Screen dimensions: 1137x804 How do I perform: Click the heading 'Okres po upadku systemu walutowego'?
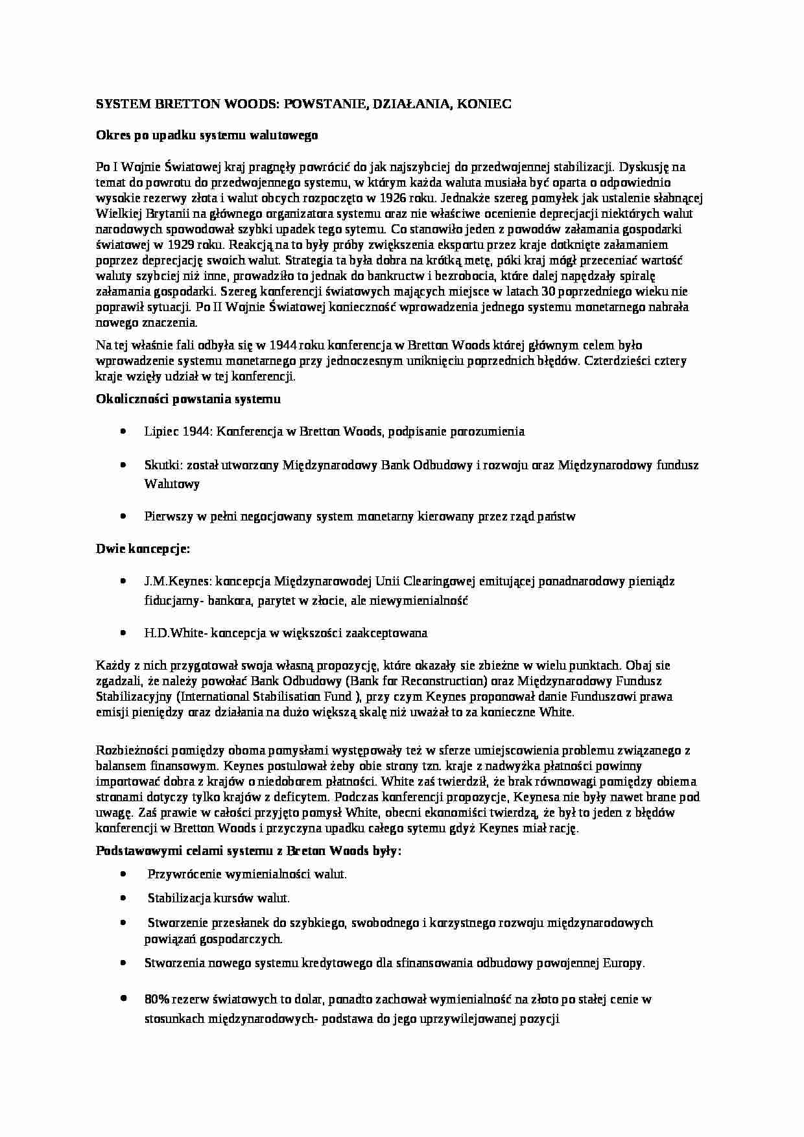(x=207, y=135)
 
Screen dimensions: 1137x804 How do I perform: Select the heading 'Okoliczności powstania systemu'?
(x=188, y=399)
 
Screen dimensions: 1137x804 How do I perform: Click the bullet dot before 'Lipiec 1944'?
(x=123, y=431)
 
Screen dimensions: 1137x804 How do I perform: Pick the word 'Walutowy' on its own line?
(x=172, y=484)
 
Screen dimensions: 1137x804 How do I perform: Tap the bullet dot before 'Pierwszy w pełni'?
(x=123, y=517)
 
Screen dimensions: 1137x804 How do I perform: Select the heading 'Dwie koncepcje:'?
(x=143, y=549)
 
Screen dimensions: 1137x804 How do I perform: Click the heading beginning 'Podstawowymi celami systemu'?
(x=248, y=850)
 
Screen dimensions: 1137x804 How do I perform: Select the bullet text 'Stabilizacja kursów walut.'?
(x=219, y=898)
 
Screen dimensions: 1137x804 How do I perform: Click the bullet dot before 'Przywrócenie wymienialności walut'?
(x=123, y=874)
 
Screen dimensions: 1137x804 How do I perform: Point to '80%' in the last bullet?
(x=157, y=999)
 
